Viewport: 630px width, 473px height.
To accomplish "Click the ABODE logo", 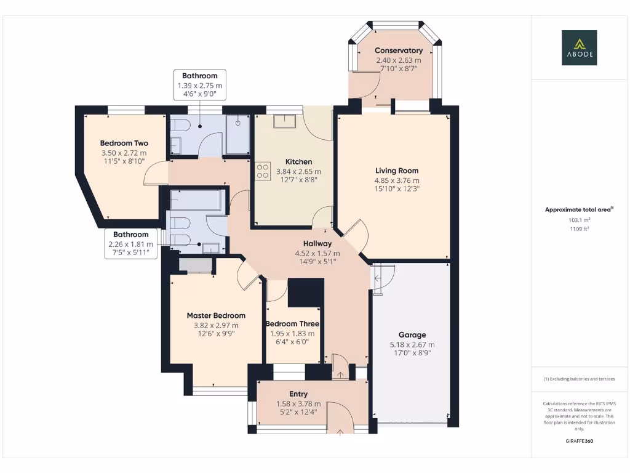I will [x=578, y=48].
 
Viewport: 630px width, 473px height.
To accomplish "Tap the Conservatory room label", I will [x=399, y=51].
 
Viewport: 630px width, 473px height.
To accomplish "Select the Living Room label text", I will [x=397, y=171].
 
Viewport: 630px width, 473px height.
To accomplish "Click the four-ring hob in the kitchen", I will [x=263, y=171].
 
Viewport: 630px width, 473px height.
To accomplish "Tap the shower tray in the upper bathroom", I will [x=237, y=134].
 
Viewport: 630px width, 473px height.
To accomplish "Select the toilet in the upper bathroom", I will [x=180, y=126].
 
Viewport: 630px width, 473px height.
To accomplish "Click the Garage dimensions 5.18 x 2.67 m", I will [x=412, y=345].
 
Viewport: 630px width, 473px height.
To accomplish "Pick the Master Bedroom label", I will [x=216, y=315].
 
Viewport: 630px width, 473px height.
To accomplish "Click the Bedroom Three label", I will [x=292, y=324].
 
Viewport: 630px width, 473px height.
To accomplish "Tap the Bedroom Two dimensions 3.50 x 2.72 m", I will [x=124, y=153].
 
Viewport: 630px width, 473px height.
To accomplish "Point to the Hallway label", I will [x=317, y=243].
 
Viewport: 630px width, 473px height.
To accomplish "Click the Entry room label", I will [x=298, y=394].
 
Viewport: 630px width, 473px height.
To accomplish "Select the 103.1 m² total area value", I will [x=578, y=220].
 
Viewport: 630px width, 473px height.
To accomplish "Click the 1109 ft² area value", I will [x=578, y=228].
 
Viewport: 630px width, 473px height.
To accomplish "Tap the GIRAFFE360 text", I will [x=578, y=441].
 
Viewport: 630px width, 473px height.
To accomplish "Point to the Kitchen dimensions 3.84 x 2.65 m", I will [x=298, y=171].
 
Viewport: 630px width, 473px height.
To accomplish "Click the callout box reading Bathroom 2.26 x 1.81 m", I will [x=130, y=243].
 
